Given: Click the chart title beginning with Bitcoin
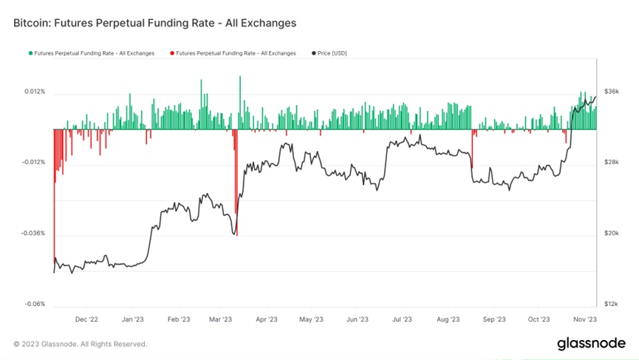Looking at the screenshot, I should point(154,23).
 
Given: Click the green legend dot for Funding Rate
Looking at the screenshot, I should point(30,53).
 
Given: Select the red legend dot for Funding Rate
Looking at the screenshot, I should point(172,53).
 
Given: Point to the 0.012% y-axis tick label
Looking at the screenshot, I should point(35,92).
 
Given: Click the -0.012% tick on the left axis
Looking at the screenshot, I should point(33,163).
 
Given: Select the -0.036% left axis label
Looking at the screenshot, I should point(33,234).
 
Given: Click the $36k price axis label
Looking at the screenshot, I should point(611,92).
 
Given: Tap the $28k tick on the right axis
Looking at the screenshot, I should point(611,163).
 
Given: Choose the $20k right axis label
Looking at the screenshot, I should point(611,234).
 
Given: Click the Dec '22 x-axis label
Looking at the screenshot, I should point(87,320).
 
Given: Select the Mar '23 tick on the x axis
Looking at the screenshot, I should point(221,320).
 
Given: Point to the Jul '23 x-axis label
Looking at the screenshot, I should point(402,320).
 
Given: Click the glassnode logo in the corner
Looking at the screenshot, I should point(591,344).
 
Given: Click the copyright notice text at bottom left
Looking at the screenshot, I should point(80,344).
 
